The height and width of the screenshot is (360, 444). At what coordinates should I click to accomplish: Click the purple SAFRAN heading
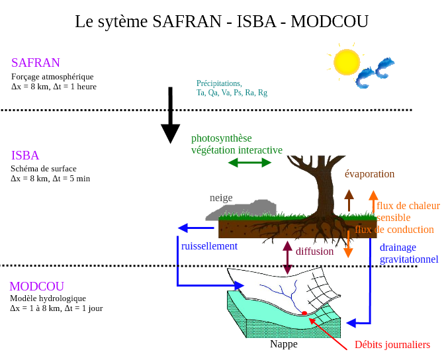pos(36,63)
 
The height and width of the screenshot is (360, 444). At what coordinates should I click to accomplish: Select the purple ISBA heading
pos(25,156)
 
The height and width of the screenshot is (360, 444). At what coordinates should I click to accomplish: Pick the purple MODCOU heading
pos(37,287)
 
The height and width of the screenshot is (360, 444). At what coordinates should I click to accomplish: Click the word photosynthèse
pos(222,138)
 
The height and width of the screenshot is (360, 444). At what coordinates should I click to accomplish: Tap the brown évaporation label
pos(369,174)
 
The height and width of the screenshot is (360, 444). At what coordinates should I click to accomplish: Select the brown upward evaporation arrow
pos(349,200)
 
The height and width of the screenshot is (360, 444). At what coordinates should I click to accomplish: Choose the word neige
pos(221,197)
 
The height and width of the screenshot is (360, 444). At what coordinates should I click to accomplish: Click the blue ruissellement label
pos(209,246)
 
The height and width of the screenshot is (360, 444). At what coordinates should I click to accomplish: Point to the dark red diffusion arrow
pos(287,258)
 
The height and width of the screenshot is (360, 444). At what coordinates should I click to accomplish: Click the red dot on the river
pos(304,313)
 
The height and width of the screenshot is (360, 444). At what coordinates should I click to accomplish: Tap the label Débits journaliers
pos(392,344)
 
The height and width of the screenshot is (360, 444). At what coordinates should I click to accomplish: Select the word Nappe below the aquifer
pos(284,344)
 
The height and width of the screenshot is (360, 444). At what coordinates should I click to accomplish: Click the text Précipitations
pos(219,83)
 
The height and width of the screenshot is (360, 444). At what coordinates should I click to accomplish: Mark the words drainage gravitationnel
pos(409,253)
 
